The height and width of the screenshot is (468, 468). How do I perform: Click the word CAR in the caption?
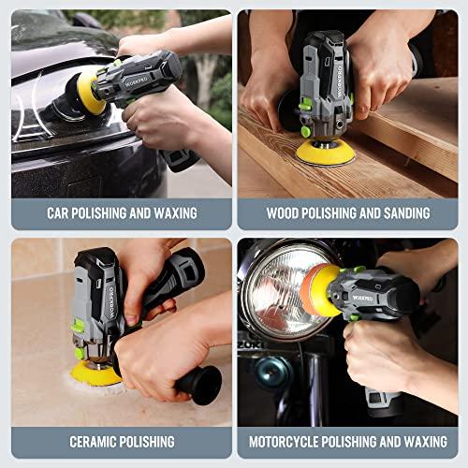[x=60, y=212]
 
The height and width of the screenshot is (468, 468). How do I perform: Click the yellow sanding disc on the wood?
[x=324, y=152]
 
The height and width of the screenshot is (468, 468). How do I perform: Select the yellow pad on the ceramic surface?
[x=97, y=373]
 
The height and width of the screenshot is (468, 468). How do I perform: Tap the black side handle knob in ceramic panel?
[x=200, y=384]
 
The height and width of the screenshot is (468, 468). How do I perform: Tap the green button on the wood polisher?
[x=306, y=131]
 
